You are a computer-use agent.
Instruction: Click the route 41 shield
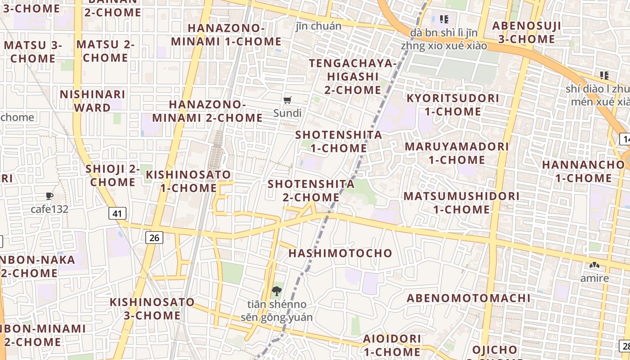pyautogui.click(x=117, y=213)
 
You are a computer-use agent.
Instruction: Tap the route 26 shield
pyautogui.click(x=154, y=237)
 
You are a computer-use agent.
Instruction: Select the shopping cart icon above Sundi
pyautogui.click(x=287, y=100)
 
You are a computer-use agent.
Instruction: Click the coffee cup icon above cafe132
pyautogui.click(x=49, y=196)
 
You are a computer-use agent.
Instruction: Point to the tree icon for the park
pyautogui.click(x=277, y=291)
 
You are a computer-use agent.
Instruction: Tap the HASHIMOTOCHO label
pyautogui.click(x=340, y=253)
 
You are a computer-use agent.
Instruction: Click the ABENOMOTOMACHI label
pyautogui.click(x=468, y=298)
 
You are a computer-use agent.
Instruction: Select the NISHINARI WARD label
pyautogui.click(x=92, y=101)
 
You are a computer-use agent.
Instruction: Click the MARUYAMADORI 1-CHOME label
pyautogui.click(x=457, y=153)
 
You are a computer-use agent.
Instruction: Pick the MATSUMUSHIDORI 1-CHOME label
pyautogui.click(x=461, y=202)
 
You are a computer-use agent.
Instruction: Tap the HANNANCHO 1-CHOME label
pyautogui.click(x=583, y=171)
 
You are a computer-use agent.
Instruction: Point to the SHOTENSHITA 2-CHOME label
pyautogui.click(x=311, y=190)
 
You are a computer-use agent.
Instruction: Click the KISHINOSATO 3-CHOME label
pyautogui.click(x=152, y=308)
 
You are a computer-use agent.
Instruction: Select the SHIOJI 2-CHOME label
pyautogui.click(x=112, y=175)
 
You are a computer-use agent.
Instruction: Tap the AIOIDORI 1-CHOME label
pyautogui.click(x=392, y=345)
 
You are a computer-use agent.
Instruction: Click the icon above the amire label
pyautogui.click(x=594, y=265)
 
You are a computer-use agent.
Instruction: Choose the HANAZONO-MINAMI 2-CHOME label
pyautogui.click(x=207, y=111)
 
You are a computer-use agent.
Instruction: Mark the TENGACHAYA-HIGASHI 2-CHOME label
pyautogui.click(x=352, y=76)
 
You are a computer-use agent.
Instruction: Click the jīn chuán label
pyautogui.click(x=319, y=26)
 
